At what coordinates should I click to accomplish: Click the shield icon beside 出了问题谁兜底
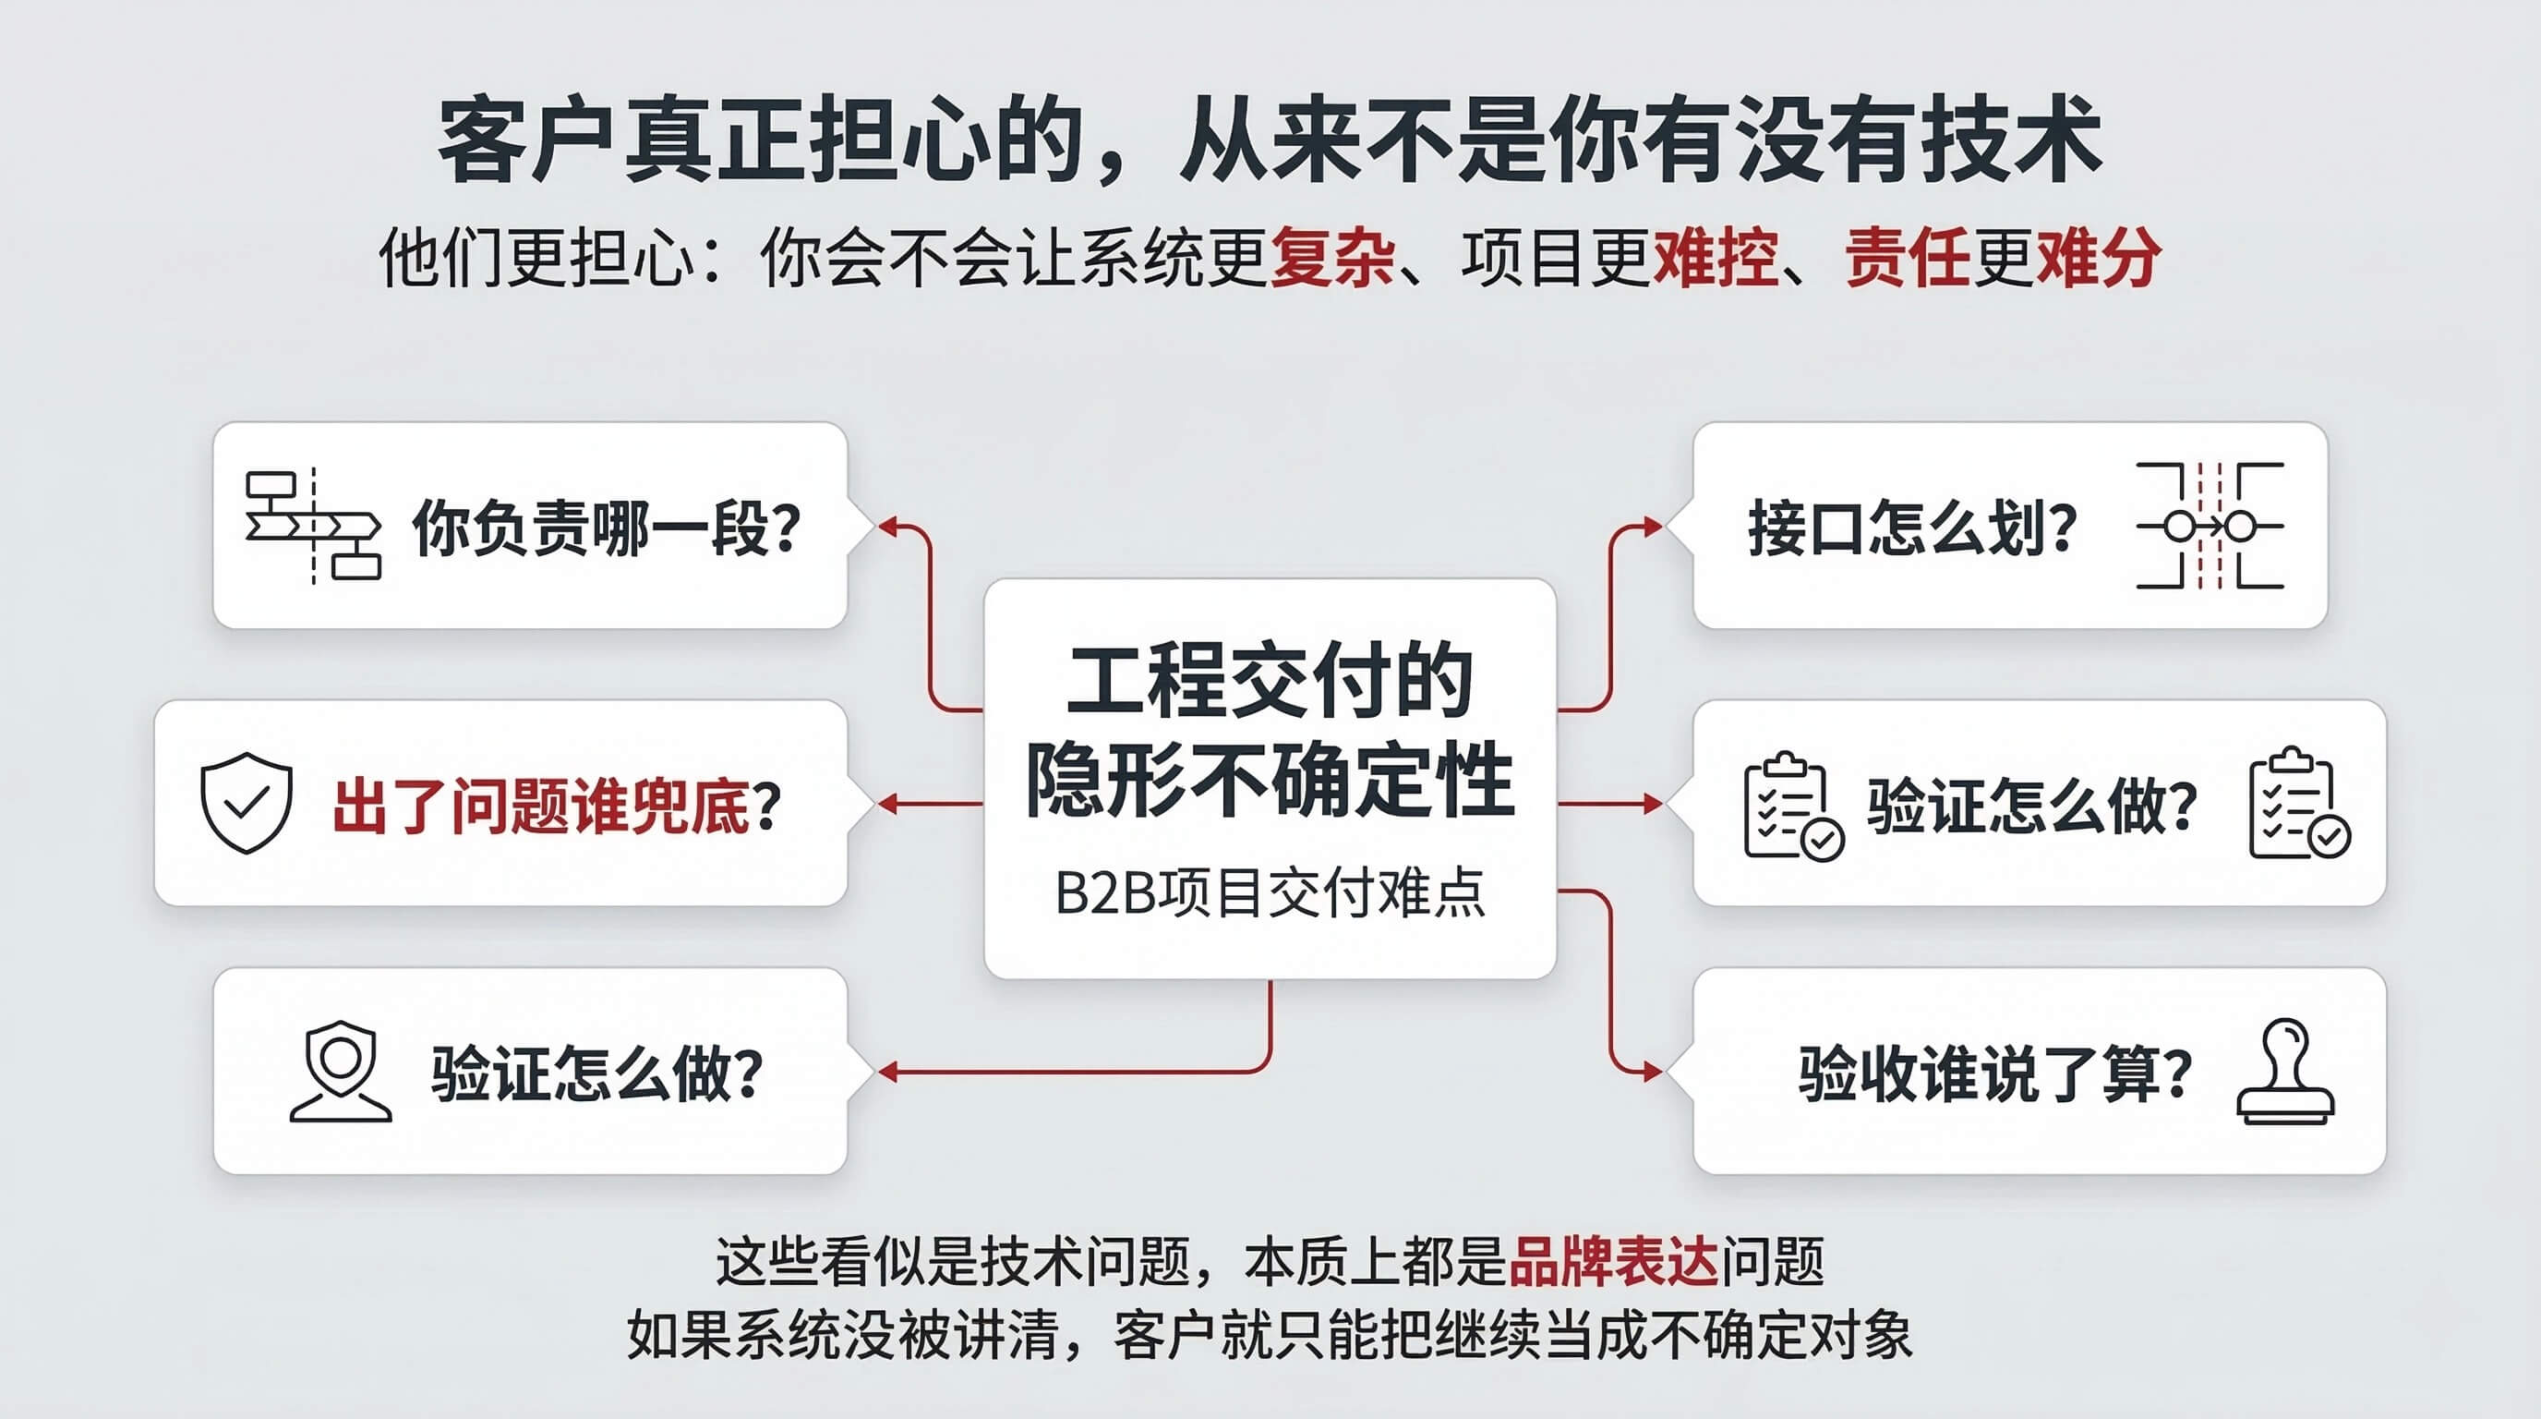point(246,803)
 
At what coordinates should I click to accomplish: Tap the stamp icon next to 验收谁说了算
point(2285,1072)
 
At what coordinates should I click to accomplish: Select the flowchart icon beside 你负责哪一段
point(313,525)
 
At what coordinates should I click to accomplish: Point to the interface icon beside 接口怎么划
point(2210,526)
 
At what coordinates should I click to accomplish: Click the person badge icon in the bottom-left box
point(341,1072)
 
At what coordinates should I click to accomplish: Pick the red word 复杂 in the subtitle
point(1331,259)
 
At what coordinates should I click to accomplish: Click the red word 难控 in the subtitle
point(1716,259)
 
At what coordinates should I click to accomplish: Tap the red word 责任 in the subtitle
point(1907,259)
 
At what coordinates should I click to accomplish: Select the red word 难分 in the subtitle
point(2098,259)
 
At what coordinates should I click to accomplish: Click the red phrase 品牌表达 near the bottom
point(1614,1261)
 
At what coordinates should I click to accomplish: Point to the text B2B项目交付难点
point(1270,894)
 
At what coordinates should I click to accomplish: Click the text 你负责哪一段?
point(607,528)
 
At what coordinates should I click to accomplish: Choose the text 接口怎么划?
point(1912,528)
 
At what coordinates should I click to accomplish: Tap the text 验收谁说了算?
point(1995,1073)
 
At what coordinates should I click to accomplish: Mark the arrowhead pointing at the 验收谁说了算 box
point(1652,1072)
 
